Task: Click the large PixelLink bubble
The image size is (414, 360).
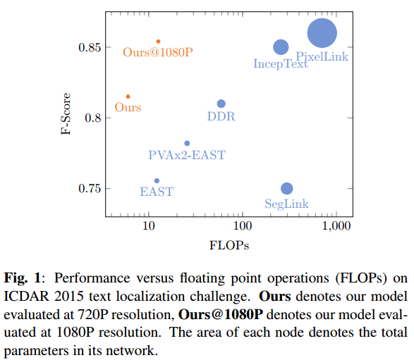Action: point(322,33)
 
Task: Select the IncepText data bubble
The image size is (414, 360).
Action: point(281,47)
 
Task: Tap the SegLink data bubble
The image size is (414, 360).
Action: point(286,188)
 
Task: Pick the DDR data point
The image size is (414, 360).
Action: point(221,104)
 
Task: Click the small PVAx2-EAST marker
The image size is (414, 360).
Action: point(187,143)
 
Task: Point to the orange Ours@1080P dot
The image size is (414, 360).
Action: point(158,42)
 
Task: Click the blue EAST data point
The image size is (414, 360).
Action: point(157,181)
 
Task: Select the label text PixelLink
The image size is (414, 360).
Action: point(322,56)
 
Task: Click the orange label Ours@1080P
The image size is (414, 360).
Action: point(158,52)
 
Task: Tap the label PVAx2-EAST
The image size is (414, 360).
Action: point(187,155)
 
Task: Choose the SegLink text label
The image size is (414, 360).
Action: point(286,204)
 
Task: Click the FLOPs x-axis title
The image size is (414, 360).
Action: point(230,245)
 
